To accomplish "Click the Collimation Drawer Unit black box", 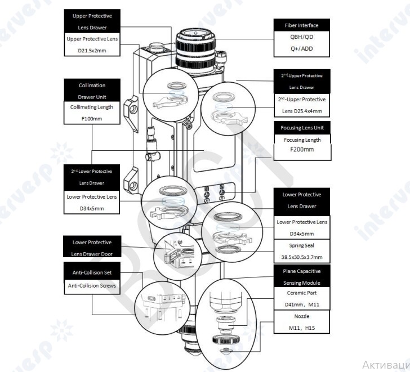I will click(91, 91).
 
